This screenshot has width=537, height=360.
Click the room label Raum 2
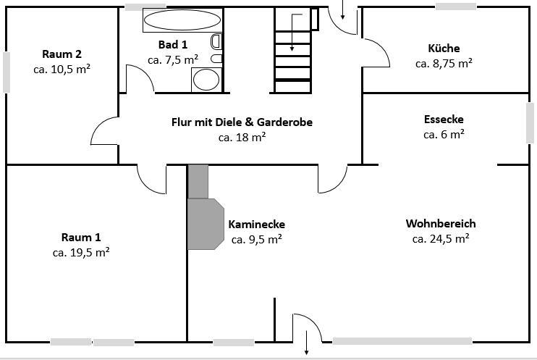click(x=62, y=54)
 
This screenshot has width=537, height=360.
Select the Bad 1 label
click(x=173, y=45)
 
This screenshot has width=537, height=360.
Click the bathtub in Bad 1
click(x=181, y=20)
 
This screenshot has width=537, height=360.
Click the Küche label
click(x=444, y=49)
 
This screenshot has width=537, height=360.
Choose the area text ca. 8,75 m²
click(x=444, y=64)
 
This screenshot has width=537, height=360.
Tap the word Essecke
click(x=444, y=119)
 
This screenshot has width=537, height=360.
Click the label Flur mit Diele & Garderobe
click(x=242, y=122)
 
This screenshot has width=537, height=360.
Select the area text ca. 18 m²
click(x=242, y=137)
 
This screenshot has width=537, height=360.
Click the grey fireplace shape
click(x=205, y=221)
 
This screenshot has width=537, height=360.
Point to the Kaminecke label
click(x=256, y=224)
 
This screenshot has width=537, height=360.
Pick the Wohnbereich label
click(x=441, y=223)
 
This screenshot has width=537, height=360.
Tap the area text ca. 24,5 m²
click(x=441, y=238)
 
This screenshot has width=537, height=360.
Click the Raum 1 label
click(x=81, y=238)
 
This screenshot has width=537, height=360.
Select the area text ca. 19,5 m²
click(x=81, y=253)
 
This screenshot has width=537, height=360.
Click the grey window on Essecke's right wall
click(x=530, y=123)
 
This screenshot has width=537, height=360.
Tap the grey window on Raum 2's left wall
click(x=7, y=72)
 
